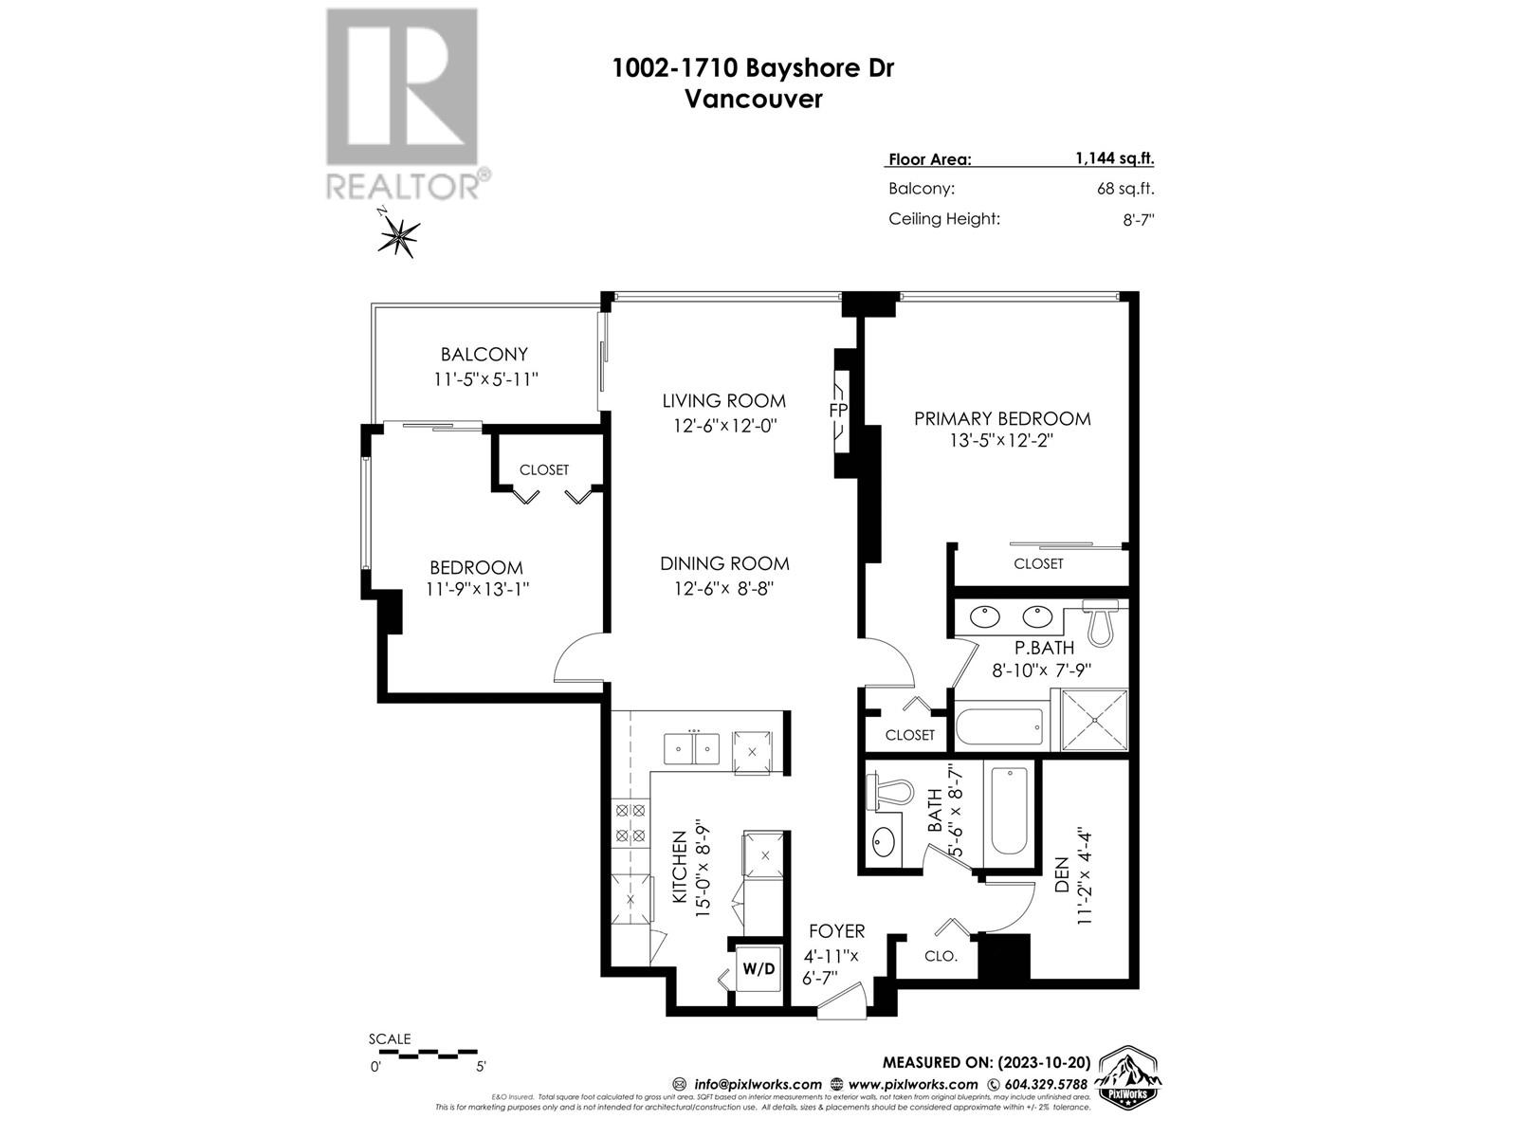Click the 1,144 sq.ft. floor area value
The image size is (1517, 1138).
(1114, 159)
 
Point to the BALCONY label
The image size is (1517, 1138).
(484, 355)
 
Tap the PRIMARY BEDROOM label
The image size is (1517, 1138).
(1002, 418)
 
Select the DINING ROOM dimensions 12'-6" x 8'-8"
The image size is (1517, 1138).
(724, 589)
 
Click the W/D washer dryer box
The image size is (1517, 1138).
(758, 969)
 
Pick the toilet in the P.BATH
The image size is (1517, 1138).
(1101, 622)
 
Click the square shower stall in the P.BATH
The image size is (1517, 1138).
(1094, 721)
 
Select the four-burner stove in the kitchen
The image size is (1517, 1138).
(631, 823)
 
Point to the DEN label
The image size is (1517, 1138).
(1061, 874)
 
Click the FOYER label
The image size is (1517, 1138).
(836, 932)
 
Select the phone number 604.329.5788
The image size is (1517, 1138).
(1045, 1084)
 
